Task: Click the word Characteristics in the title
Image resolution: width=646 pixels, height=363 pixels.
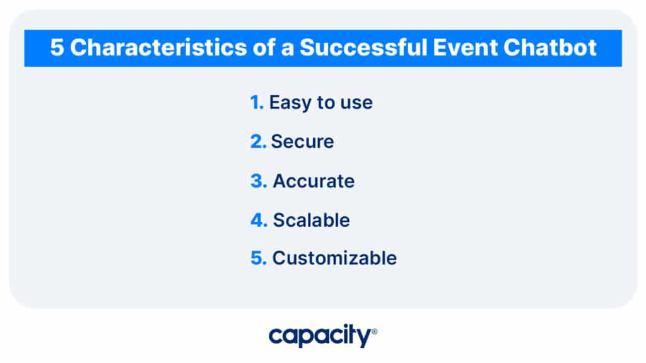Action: [158, 47]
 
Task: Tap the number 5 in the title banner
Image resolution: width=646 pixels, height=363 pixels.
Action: [57, 47]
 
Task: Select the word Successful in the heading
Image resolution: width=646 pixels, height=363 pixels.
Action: [363, 47]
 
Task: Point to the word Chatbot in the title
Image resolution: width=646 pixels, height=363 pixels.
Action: [550, 47]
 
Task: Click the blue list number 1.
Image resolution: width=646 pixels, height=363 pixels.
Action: [256, 102]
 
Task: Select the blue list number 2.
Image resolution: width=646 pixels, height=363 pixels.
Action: [258, 142]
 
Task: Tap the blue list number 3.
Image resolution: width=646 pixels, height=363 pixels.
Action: [259, 181]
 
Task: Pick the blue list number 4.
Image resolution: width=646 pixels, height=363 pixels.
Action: [259, 220]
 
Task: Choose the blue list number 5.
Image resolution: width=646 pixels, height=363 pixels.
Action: [259, 258]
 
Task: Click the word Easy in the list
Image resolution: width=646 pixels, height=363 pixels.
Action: [290, 103]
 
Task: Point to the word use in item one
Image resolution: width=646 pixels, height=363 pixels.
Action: [356, 104]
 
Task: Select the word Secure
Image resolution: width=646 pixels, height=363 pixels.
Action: [302, 142]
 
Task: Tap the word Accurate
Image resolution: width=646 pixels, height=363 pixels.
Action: [314, 181]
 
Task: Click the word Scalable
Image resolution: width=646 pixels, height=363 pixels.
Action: [312, 220]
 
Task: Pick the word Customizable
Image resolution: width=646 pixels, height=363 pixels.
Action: [334, 258]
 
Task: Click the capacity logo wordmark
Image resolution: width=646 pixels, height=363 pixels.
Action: [320, 335]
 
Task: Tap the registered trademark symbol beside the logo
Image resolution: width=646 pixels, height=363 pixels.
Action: [375, 331]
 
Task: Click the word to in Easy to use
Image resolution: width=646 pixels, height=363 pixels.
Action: [326, 103]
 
